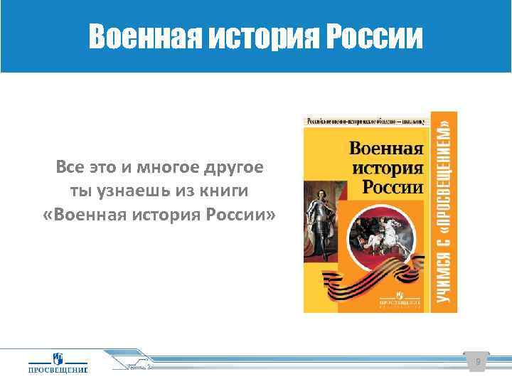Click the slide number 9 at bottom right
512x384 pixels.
click(x=478, y=363)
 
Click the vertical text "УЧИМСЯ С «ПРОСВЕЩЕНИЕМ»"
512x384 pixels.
click(x=444, y=211)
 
